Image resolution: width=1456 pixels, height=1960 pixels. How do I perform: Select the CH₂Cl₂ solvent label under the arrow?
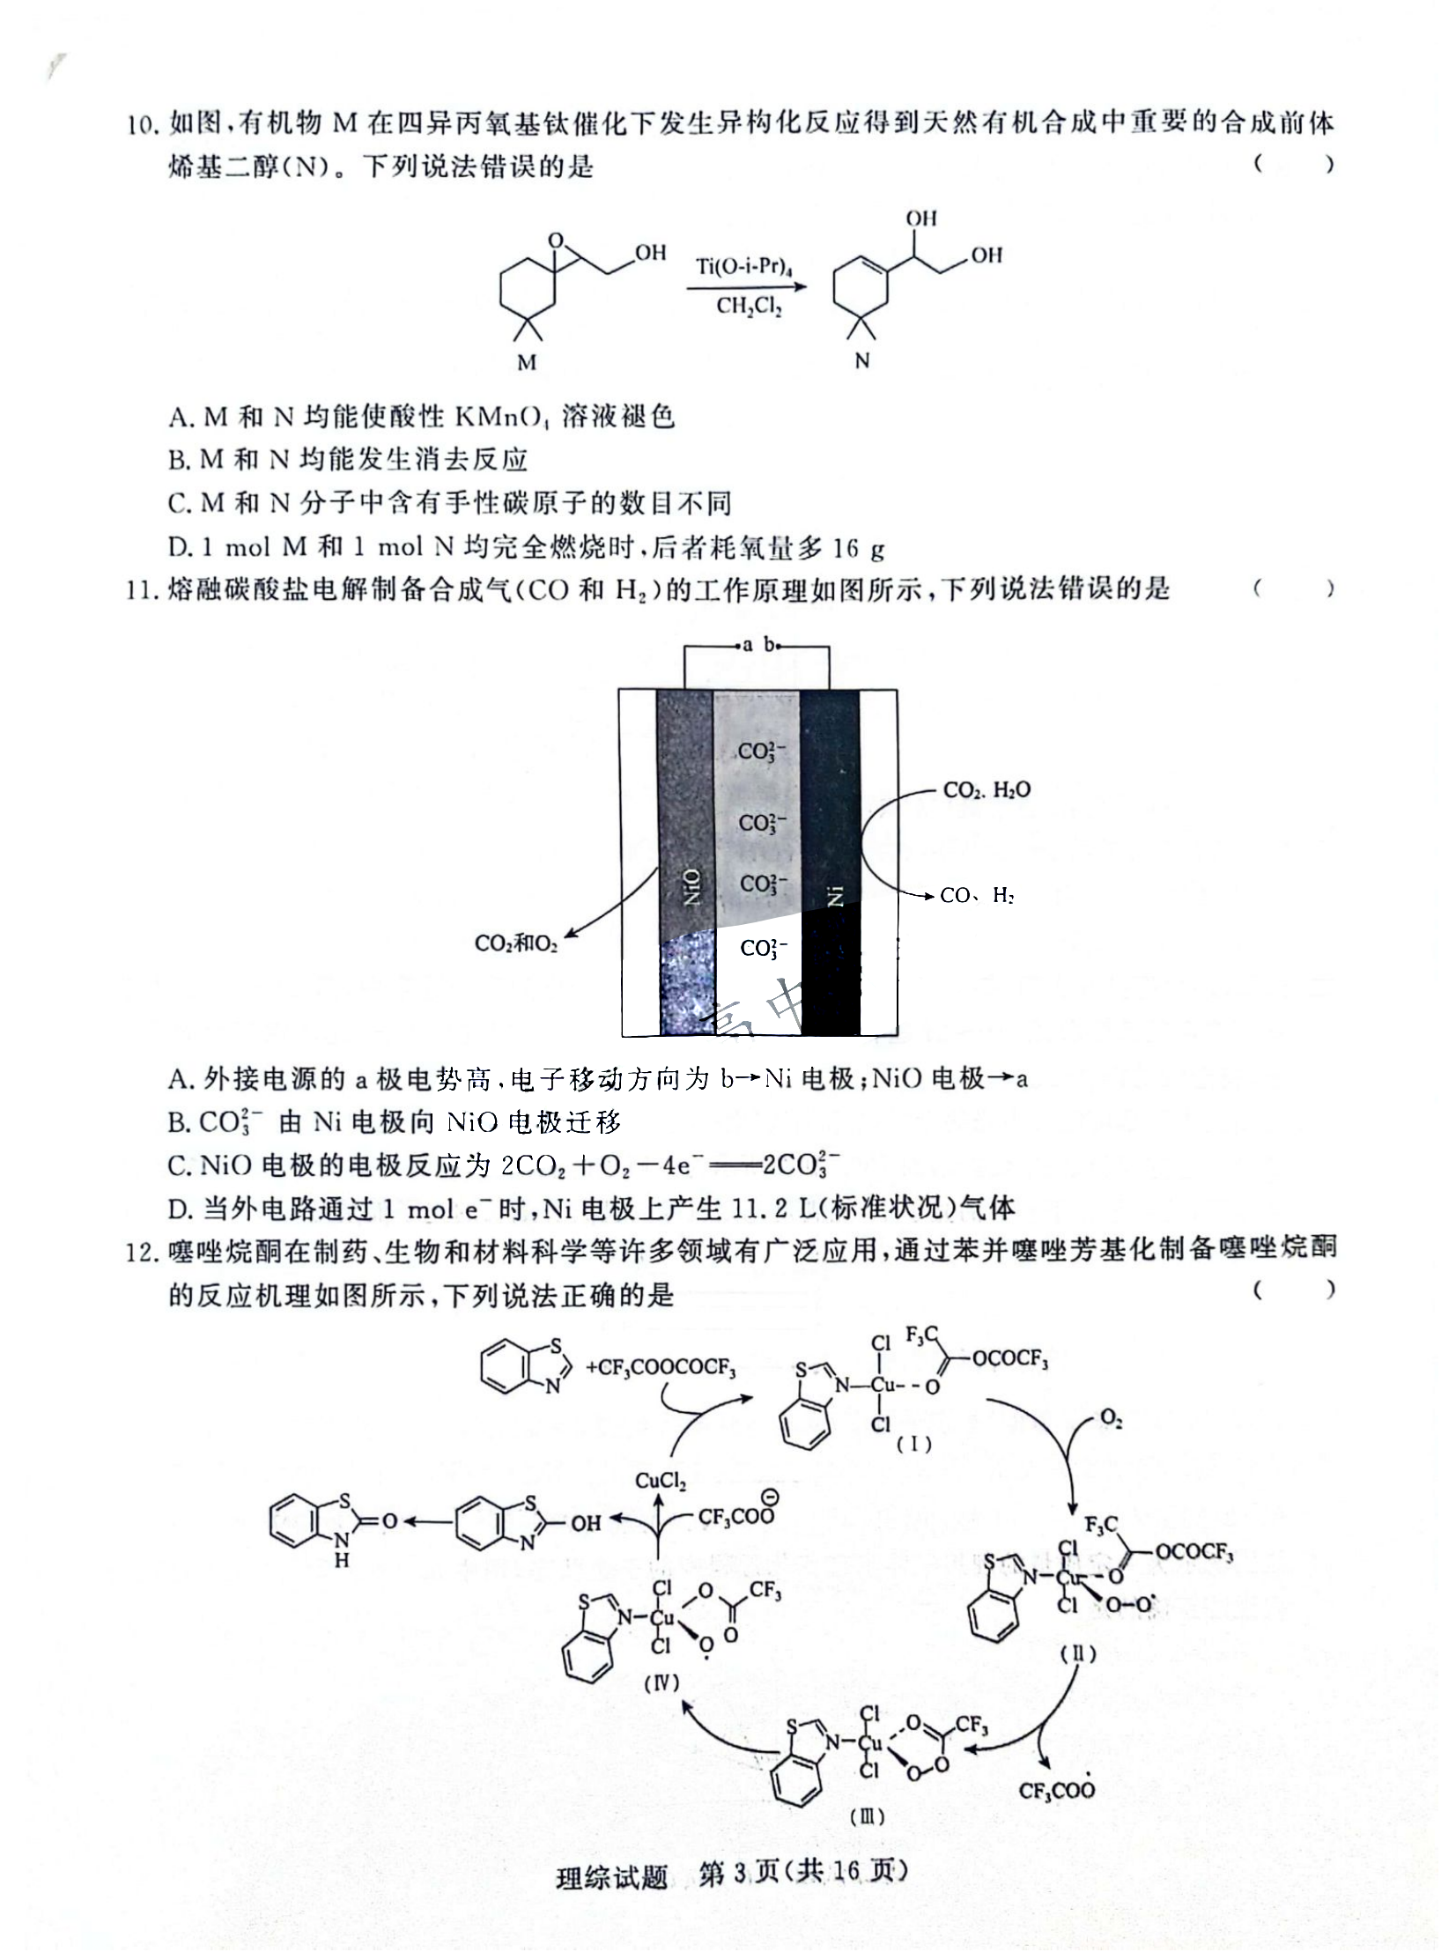[749, 306]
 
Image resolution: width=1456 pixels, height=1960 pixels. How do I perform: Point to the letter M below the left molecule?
[527, 362]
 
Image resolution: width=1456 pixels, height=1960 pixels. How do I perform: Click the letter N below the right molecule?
[862, 359]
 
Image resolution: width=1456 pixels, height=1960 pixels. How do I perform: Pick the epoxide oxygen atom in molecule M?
[555, 240]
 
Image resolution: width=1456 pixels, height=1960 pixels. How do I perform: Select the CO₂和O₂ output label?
[515, 943]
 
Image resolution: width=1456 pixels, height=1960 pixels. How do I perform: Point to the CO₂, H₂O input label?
[987, 789]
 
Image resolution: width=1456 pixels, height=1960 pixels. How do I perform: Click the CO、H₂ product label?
[977, 895]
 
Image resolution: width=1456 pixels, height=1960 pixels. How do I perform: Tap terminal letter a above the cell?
[747, 645]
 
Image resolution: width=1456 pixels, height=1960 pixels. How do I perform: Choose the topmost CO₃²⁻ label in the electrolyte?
[763, 751]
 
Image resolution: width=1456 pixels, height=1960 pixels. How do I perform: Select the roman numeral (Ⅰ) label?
[914, 1444]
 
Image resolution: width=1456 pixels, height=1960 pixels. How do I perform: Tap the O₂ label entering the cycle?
[1111, 1418]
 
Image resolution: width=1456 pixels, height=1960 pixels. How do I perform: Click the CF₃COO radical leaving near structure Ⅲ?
[1056, 1789]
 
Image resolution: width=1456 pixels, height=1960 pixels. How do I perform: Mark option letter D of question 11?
[178, 1209]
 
